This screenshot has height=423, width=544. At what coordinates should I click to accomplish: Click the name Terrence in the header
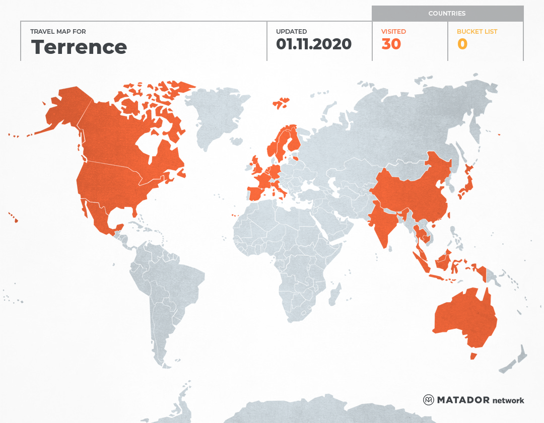click(79, 47)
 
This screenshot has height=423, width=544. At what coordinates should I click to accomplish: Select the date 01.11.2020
click(313, 44)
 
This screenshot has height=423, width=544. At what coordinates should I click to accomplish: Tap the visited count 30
click(391, 44)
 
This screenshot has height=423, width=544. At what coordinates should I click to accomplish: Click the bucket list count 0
click(462, 44)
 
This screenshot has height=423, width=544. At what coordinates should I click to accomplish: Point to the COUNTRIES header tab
click(447, 14)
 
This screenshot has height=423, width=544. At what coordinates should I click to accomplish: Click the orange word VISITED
click(393, 31)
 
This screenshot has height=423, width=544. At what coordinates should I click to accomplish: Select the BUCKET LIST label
click(477, 31)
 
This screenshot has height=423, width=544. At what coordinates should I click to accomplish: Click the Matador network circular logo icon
click(429, 400)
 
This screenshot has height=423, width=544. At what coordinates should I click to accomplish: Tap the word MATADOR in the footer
click(463, 400)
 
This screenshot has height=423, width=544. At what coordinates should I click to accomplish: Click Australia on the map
click(463, 317)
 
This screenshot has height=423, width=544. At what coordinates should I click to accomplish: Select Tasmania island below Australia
click(473, 356)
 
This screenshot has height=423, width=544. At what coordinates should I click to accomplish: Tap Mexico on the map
click(101, 217)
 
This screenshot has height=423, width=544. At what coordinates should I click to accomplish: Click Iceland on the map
click(281, 104)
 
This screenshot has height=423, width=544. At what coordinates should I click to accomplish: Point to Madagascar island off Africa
click(334, 295)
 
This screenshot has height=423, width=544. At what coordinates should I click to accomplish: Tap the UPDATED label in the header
click(291, 31)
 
